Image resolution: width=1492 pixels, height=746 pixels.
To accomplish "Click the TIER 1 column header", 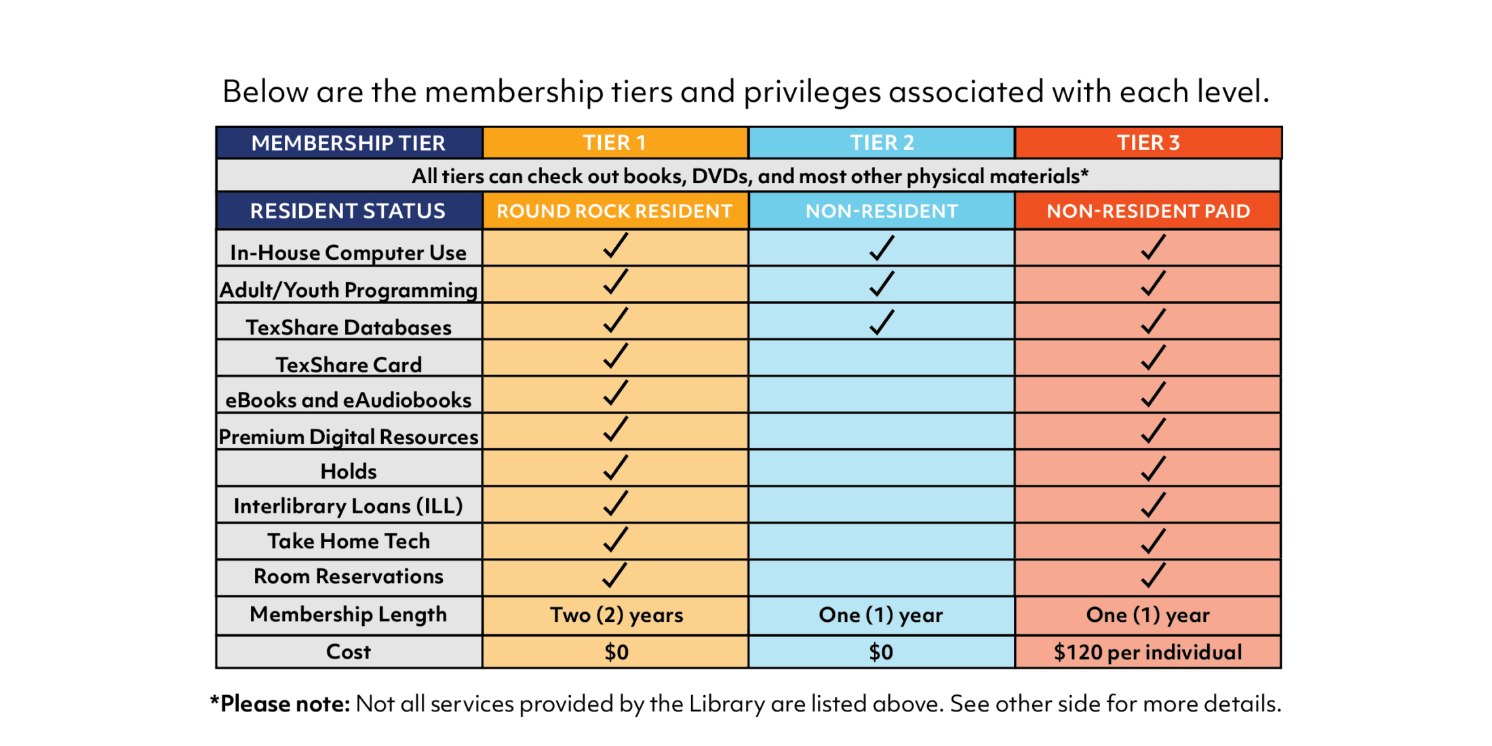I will [x=614, y=142].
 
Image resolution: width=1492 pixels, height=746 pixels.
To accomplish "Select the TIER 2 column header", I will [x=882, y=142].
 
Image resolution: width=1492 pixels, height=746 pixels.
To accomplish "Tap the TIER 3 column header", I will [x=1148, y=142].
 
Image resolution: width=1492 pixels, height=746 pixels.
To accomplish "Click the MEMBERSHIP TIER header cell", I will [x=348, y=142].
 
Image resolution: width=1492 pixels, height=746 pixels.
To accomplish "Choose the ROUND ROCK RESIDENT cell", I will [x=614, y=211].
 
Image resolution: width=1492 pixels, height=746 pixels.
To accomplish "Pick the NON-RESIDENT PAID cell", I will [x=1148, y=211].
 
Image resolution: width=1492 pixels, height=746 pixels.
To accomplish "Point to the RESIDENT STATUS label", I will [x=348, y=211].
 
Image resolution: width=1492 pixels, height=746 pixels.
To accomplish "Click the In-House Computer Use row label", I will [x=348, y=252].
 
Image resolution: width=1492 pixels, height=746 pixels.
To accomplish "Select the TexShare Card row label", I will [x=348, y=364].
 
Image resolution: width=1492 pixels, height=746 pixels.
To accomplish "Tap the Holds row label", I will [x=348, y=471].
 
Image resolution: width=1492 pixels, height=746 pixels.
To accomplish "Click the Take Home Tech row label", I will [x=348, y=541].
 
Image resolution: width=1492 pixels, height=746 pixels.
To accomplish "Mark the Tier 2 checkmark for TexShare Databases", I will [x=882, y=322].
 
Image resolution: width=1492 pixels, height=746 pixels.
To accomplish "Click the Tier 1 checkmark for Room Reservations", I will [x=614, y=575].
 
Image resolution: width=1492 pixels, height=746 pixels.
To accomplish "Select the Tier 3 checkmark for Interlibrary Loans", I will [x=1152, y=505].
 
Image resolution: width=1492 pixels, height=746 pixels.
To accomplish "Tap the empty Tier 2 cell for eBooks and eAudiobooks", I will [x=882, y=395].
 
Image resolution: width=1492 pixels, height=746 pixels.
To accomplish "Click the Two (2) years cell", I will [x=616, y=614].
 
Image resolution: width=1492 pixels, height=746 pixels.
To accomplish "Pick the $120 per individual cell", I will [x=1147, y=652].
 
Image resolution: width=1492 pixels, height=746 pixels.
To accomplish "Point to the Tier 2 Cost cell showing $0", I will [x=881, y=652].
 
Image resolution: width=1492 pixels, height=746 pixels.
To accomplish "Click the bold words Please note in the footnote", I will [x=285, y=704].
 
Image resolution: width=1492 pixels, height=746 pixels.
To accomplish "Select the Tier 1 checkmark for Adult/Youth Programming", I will [x=615, y=282].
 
